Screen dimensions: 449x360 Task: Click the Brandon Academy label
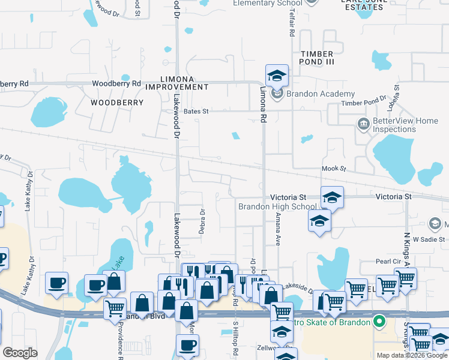320,94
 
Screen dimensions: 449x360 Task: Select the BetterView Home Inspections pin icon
363,125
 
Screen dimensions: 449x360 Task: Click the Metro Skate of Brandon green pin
378,323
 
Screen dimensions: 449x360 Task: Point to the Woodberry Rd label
116,83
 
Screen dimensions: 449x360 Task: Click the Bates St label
196,111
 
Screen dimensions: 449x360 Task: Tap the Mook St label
334,169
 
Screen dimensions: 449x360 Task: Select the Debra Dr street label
202,221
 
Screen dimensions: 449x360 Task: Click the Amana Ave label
278,232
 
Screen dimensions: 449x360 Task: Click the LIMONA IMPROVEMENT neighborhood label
185,83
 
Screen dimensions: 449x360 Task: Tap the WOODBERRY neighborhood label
117,103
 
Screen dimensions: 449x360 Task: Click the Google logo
20,353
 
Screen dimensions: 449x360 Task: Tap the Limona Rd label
262,104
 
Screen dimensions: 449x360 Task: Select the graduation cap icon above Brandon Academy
277,75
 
